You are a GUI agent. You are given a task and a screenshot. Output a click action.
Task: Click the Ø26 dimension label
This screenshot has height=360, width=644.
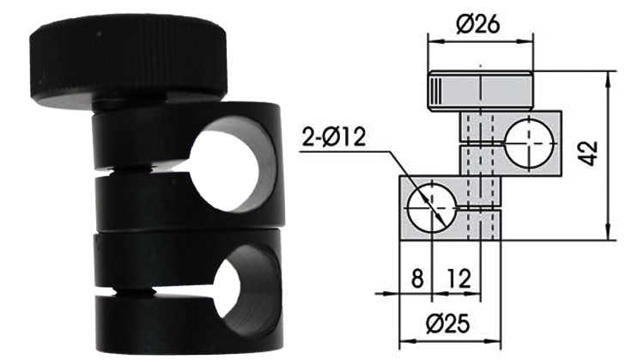pos(478,25)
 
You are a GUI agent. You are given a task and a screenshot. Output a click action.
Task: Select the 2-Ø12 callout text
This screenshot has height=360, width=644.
pos(333,137)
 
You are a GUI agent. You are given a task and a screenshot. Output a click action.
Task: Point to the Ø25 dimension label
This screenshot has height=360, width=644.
pos(447,324)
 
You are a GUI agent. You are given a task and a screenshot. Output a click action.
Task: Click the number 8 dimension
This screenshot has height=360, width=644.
pos(416,278)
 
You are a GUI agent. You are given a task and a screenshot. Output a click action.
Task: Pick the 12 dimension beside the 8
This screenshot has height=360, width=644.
pos(459,278)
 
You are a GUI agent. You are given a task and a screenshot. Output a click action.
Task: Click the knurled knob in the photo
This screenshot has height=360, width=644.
pos(128,62)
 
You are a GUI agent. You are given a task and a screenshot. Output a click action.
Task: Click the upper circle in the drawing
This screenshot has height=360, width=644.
pos(529,143)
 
